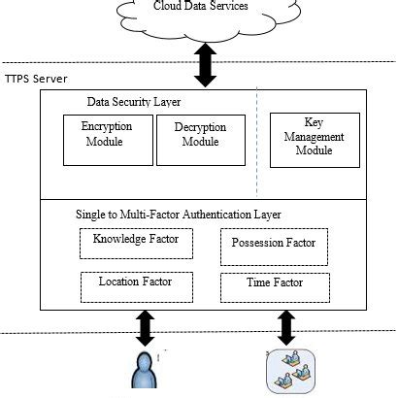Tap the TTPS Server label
[x=36, y=78]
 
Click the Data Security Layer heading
[x=133, y=102]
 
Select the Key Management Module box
[x=310, y=140]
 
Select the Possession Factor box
[x=275, y=244]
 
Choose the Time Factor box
[x=275, y=286]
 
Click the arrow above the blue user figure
[x=146, y=327]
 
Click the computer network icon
[x=289, y=371]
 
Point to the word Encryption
[x=105, y=126]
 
